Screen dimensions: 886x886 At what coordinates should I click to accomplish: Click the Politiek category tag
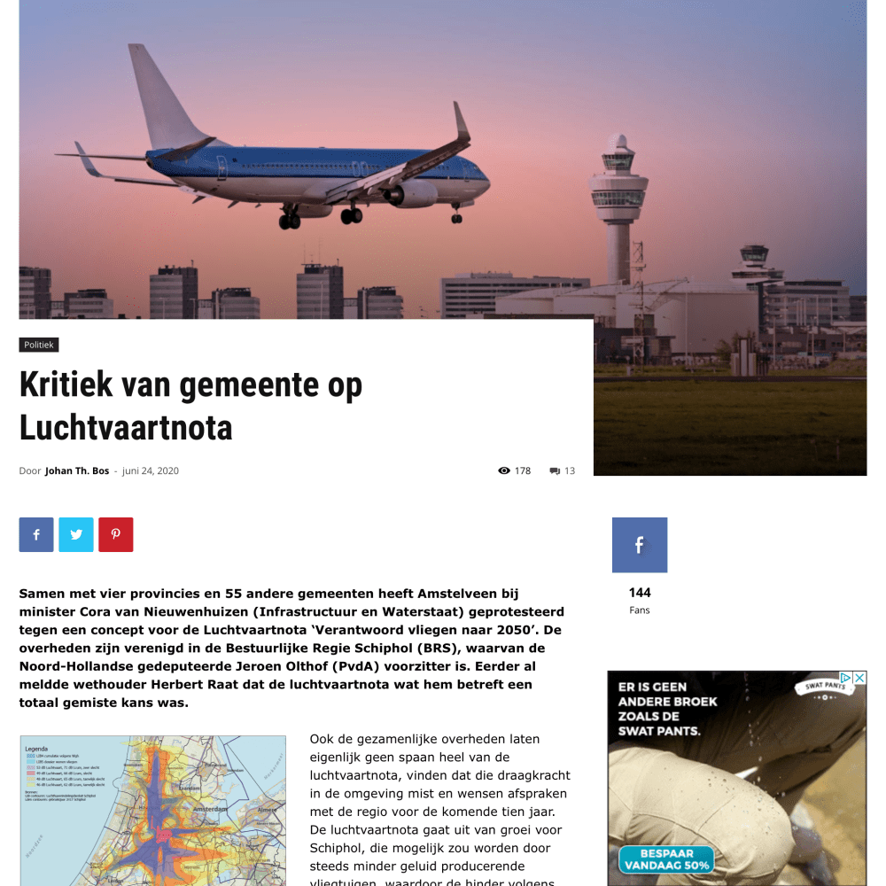click(39, 345)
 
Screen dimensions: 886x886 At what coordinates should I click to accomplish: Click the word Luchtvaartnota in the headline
click(126, 428)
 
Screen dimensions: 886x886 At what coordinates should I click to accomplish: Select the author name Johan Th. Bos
click(77, 470)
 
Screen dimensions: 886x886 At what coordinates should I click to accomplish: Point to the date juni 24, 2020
click(151, 470)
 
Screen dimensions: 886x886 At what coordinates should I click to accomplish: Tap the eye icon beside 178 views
click(504, 470)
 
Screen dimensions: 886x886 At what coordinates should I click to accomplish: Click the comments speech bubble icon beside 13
click(555, 470)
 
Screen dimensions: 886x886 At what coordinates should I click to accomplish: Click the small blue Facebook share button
click(36, 535)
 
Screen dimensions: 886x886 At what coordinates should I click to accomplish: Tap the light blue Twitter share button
click(76, 535)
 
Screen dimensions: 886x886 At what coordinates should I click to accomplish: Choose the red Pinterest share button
click(116, 535)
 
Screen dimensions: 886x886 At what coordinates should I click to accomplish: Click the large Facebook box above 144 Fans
click(640, 545)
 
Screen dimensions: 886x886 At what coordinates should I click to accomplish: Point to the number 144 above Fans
click(640, 593)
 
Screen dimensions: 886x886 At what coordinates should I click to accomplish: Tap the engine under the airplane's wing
click(413, 194)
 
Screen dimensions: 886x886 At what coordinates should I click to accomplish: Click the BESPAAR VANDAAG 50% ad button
click(666, 859)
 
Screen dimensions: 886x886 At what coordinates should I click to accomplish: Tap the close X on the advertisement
click(859, 678)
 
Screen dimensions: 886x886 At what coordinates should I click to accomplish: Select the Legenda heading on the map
click(36, 749)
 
